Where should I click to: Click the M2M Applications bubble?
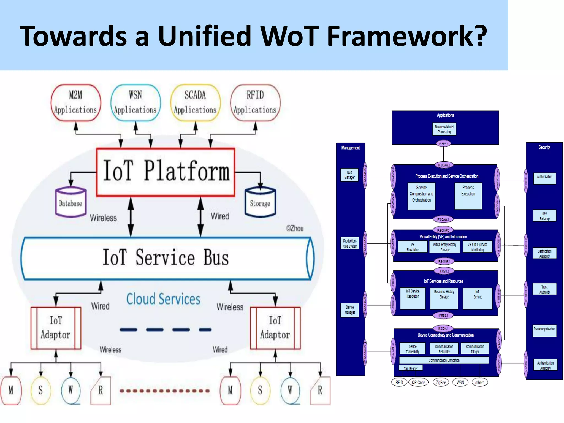coord(76,103)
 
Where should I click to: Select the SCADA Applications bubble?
coord(195,103)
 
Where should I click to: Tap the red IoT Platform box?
coord(166,172)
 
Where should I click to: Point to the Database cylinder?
coord(71,202)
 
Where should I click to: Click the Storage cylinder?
coord(260,202)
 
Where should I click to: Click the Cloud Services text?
coord(163,299)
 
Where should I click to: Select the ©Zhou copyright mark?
coord(295,229)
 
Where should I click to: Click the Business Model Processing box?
coord(444,129)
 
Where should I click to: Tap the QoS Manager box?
coord(349,175)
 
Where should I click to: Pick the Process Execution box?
coord(468,196)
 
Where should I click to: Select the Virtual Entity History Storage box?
coord(444,247)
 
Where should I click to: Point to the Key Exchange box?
coord(544,216)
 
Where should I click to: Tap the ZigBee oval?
coord(441,382)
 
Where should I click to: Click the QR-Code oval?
coord(418,382)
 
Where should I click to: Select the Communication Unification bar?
coord(444,360)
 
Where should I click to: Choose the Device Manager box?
coord(350,310)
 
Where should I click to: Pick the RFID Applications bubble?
coord(255,103)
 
